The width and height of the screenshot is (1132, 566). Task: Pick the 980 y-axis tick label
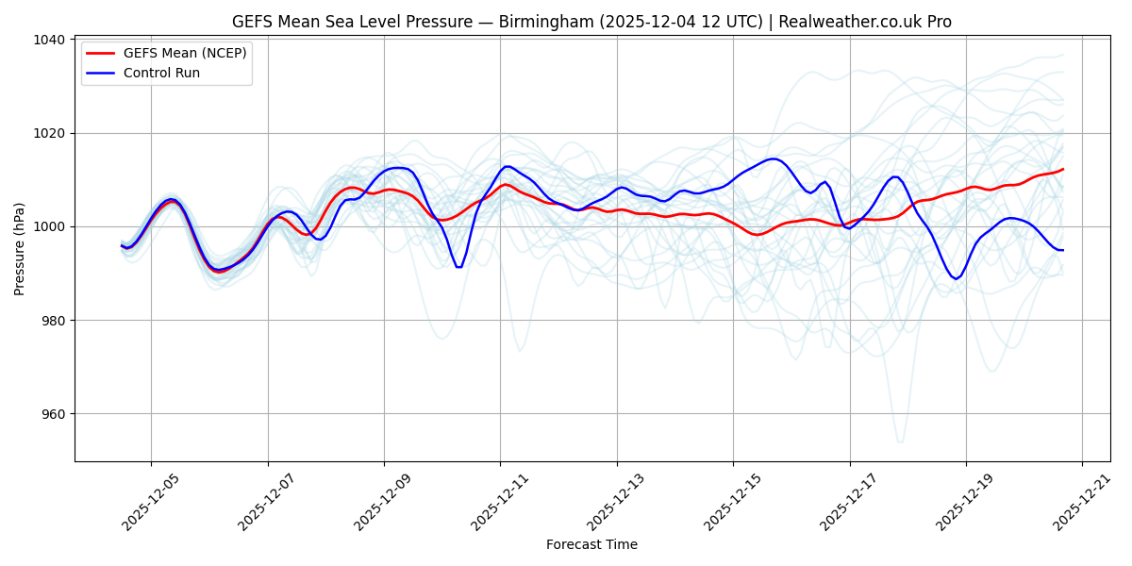click(53, 321)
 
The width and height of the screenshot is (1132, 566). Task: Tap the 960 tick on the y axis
click(53, 414)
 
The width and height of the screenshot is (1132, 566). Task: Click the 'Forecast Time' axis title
click(591, 544)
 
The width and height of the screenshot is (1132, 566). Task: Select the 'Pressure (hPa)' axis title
click(20, 248)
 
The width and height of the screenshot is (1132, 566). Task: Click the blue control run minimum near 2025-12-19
click(956, 279)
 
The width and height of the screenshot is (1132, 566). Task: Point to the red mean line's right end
click(1063, 169)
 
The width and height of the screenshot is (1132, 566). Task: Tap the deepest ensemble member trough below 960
click(900, 441)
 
